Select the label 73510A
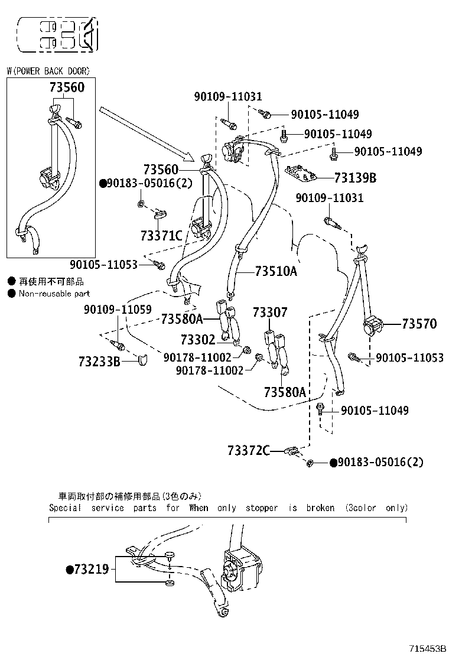276,271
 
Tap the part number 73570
419,323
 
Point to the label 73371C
161,235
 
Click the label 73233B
99,360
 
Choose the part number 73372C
248,451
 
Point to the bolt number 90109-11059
117,309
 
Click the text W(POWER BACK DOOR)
48,71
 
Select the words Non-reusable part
54,293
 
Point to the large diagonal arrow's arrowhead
188,156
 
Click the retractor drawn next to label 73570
373,326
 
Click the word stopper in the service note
261,508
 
